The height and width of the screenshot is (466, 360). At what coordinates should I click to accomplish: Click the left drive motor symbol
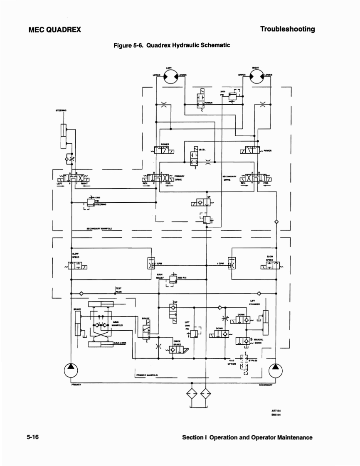[169, 77]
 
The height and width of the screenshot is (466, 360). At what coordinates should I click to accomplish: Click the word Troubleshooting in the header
[287, 29]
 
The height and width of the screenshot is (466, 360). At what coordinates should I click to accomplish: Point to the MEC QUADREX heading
[54, 29]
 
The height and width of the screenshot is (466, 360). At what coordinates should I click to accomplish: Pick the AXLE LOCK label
[120, 343]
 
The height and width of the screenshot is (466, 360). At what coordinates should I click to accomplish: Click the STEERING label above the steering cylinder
[62, 111]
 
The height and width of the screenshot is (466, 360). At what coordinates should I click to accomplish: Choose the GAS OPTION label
[232, 362]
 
